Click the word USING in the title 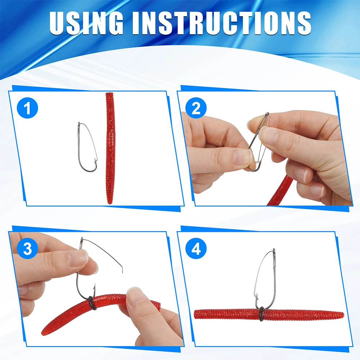point(86,23)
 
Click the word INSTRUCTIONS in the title point(221,23)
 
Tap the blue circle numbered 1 point(27,108)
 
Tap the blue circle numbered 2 point(196,108)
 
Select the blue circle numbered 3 point(27,248)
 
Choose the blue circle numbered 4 point(196,248)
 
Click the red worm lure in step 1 point(110,148)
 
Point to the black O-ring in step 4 point(261,313)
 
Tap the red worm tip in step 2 point(280,190)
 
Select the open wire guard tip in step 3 point(122,271)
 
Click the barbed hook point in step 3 point(94,287)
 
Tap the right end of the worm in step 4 point(343,315)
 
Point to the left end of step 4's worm point(195,314)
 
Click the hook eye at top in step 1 point(79,124)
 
